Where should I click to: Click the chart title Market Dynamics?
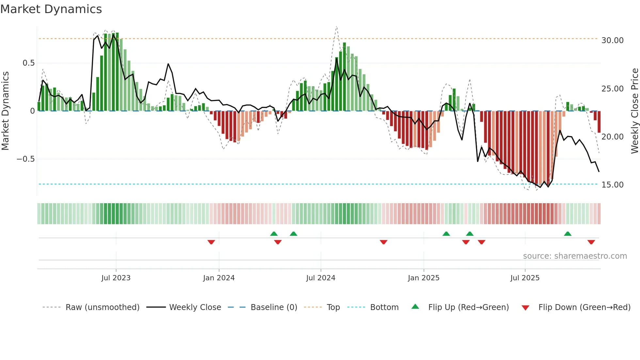click(51, 9)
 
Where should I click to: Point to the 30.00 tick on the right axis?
click(612, 41)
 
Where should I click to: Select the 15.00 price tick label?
click(612, 185)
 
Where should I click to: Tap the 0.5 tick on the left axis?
click(28, 63)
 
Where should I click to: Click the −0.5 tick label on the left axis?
click(25, 159)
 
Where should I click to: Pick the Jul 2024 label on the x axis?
click(321, 278)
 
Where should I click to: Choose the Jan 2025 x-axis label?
click(424, 278)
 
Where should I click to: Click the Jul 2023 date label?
click(116, 278)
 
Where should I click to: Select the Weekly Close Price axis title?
click(634, 111)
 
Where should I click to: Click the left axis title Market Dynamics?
click(5, 111)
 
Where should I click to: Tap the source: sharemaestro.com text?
click(575, 256)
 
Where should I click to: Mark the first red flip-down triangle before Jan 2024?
click(211, 242)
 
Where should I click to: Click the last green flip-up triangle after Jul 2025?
click(568, 234)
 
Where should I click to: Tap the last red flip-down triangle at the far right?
click(591, 242)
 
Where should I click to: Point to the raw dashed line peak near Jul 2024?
click(336, 27)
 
